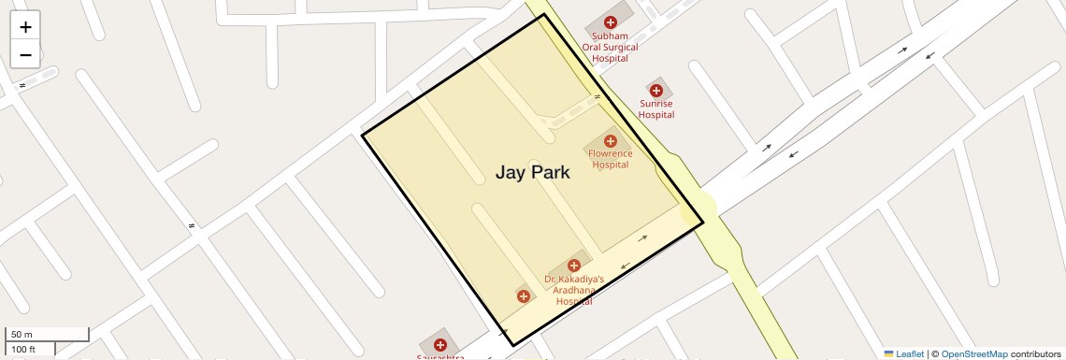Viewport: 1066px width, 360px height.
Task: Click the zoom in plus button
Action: pos(25,27)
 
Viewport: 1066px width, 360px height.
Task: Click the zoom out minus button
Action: pos(25,54)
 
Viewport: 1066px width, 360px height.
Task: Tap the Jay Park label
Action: pos(532,172)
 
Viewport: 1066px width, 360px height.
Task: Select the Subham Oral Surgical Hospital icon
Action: pos(610,22)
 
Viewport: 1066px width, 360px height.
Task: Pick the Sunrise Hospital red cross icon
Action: pos(656,90)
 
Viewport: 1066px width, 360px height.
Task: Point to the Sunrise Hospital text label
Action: pos(656,109)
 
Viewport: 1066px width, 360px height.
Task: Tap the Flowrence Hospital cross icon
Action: pos(610,141)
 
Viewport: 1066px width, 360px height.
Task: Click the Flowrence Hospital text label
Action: pos(610,159)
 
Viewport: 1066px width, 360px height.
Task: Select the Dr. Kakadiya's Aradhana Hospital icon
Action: pos(574,266)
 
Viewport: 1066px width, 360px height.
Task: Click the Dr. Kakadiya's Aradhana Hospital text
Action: pos(574,290)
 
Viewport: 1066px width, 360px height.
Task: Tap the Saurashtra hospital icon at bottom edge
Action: pos(439,345)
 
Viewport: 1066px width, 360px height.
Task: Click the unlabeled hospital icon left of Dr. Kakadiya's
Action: pos(523,296)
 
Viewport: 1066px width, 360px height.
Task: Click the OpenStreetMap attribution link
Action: pos(974,353)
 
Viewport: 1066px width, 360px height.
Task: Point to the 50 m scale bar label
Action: pos(22,335)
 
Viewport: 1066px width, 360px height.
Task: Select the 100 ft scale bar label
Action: pos(23,350)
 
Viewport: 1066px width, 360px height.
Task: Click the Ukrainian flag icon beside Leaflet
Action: pos(888,353)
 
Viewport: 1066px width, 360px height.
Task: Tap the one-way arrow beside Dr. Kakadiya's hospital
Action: pos(642,238)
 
